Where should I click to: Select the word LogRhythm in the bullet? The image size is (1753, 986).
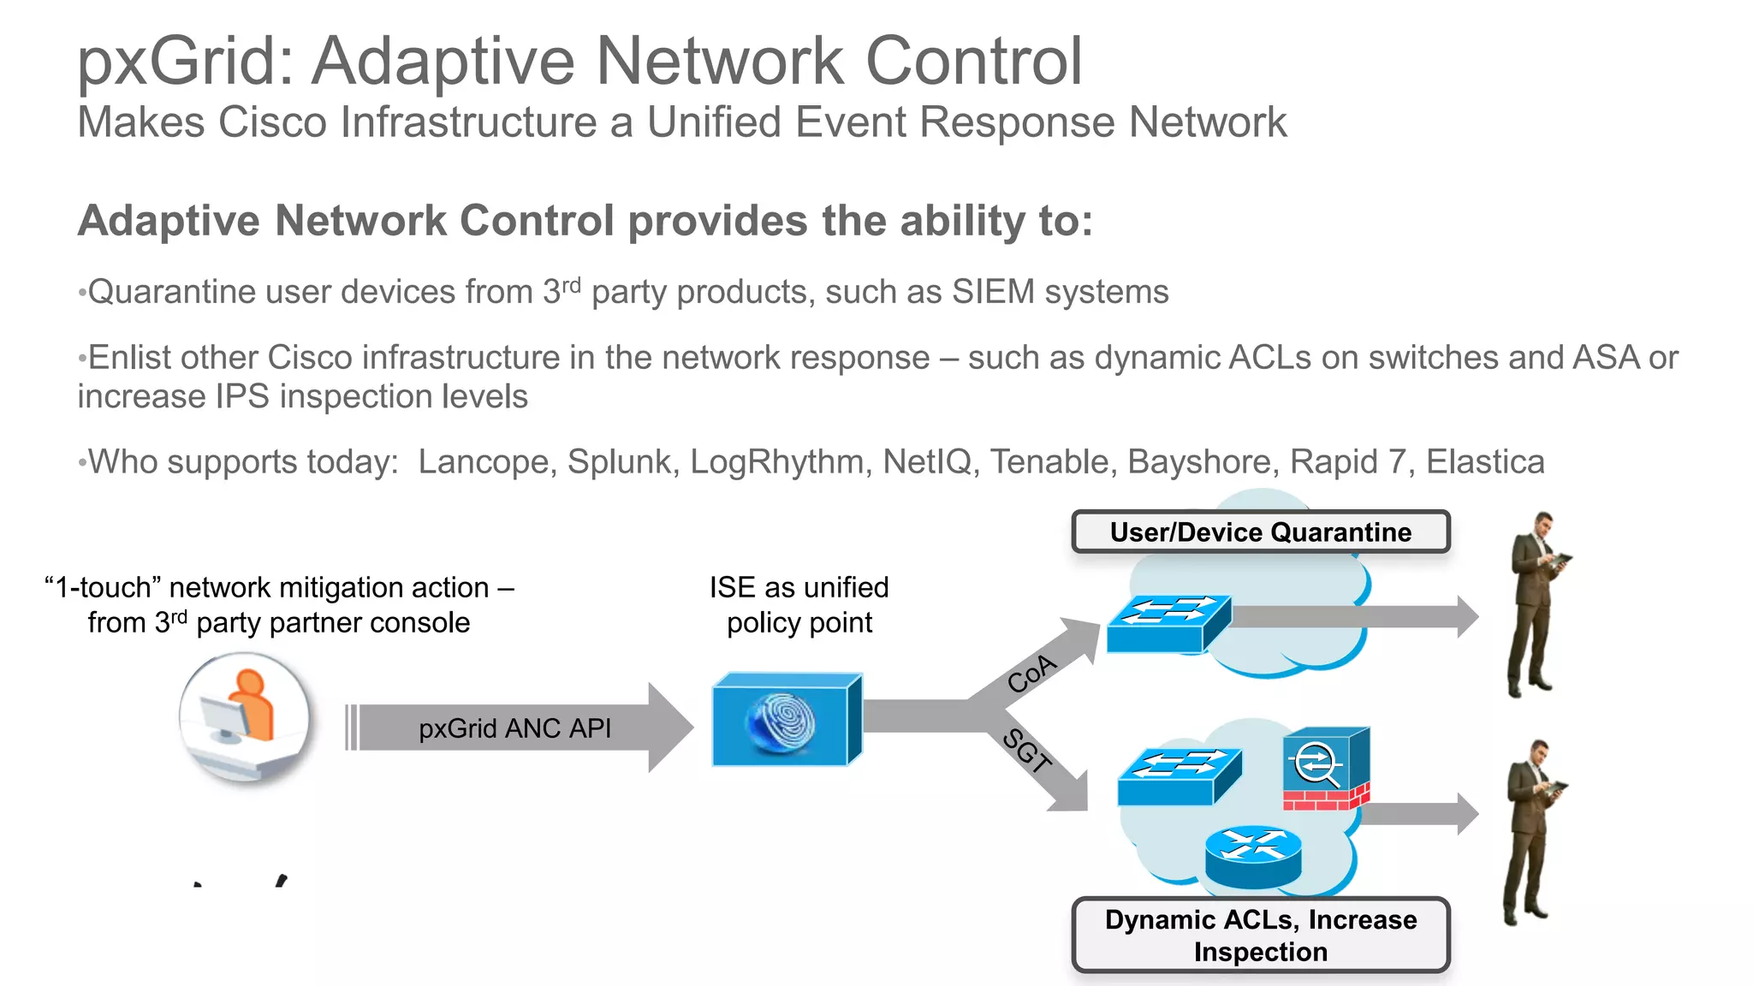pos(776,462)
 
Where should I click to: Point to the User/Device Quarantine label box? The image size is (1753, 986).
pos(1260,532)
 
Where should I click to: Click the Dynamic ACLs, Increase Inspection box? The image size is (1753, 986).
pos(1260,936)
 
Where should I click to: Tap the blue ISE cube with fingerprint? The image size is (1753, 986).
pos(787,720)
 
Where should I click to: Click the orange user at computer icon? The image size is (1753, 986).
pos(245,716)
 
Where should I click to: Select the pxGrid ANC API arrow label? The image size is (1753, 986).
pos(514,728)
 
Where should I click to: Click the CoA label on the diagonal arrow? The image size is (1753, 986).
pos(1032,674)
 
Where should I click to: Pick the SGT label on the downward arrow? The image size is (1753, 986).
pos(1026,751)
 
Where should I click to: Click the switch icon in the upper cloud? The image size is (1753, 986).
pos(1168,623)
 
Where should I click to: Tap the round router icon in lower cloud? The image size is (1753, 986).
pos(1253,857)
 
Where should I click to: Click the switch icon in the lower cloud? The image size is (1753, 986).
pos(1179,776)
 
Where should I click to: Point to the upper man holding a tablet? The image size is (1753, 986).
pos(1536,603)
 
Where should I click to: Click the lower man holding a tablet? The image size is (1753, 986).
pos(1532,832)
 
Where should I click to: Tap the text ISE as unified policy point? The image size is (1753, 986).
pos(799,605)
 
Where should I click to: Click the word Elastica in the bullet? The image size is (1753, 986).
pos(1485,462)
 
